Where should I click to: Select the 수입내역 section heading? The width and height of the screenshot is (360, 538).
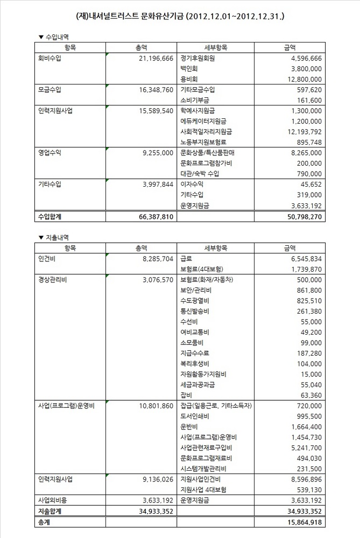point(53,37)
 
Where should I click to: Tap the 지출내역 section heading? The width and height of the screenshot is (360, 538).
point(53,237)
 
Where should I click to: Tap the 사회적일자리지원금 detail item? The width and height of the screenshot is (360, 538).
point(207,132)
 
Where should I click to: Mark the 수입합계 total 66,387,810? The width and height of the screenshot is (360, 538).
point(154,216)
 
